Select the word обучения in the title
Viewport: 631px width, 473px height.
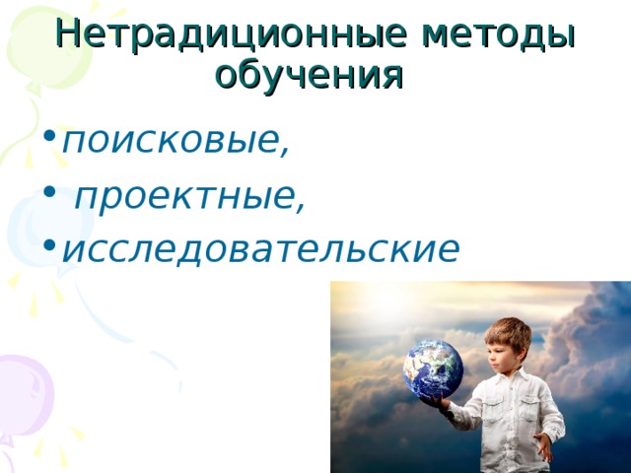tap(309, 74)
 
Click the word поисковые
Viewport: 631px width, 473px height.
tap(173, 141)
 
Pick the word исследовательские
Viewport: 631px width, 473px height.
tap(259, 249)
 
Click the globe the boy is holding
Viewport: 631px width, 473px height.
tap(433, 370)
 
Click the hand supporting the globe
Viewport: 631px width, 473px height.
tap(437, 402)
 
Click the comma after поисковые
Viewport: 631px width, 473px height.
tap(285, 153)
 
